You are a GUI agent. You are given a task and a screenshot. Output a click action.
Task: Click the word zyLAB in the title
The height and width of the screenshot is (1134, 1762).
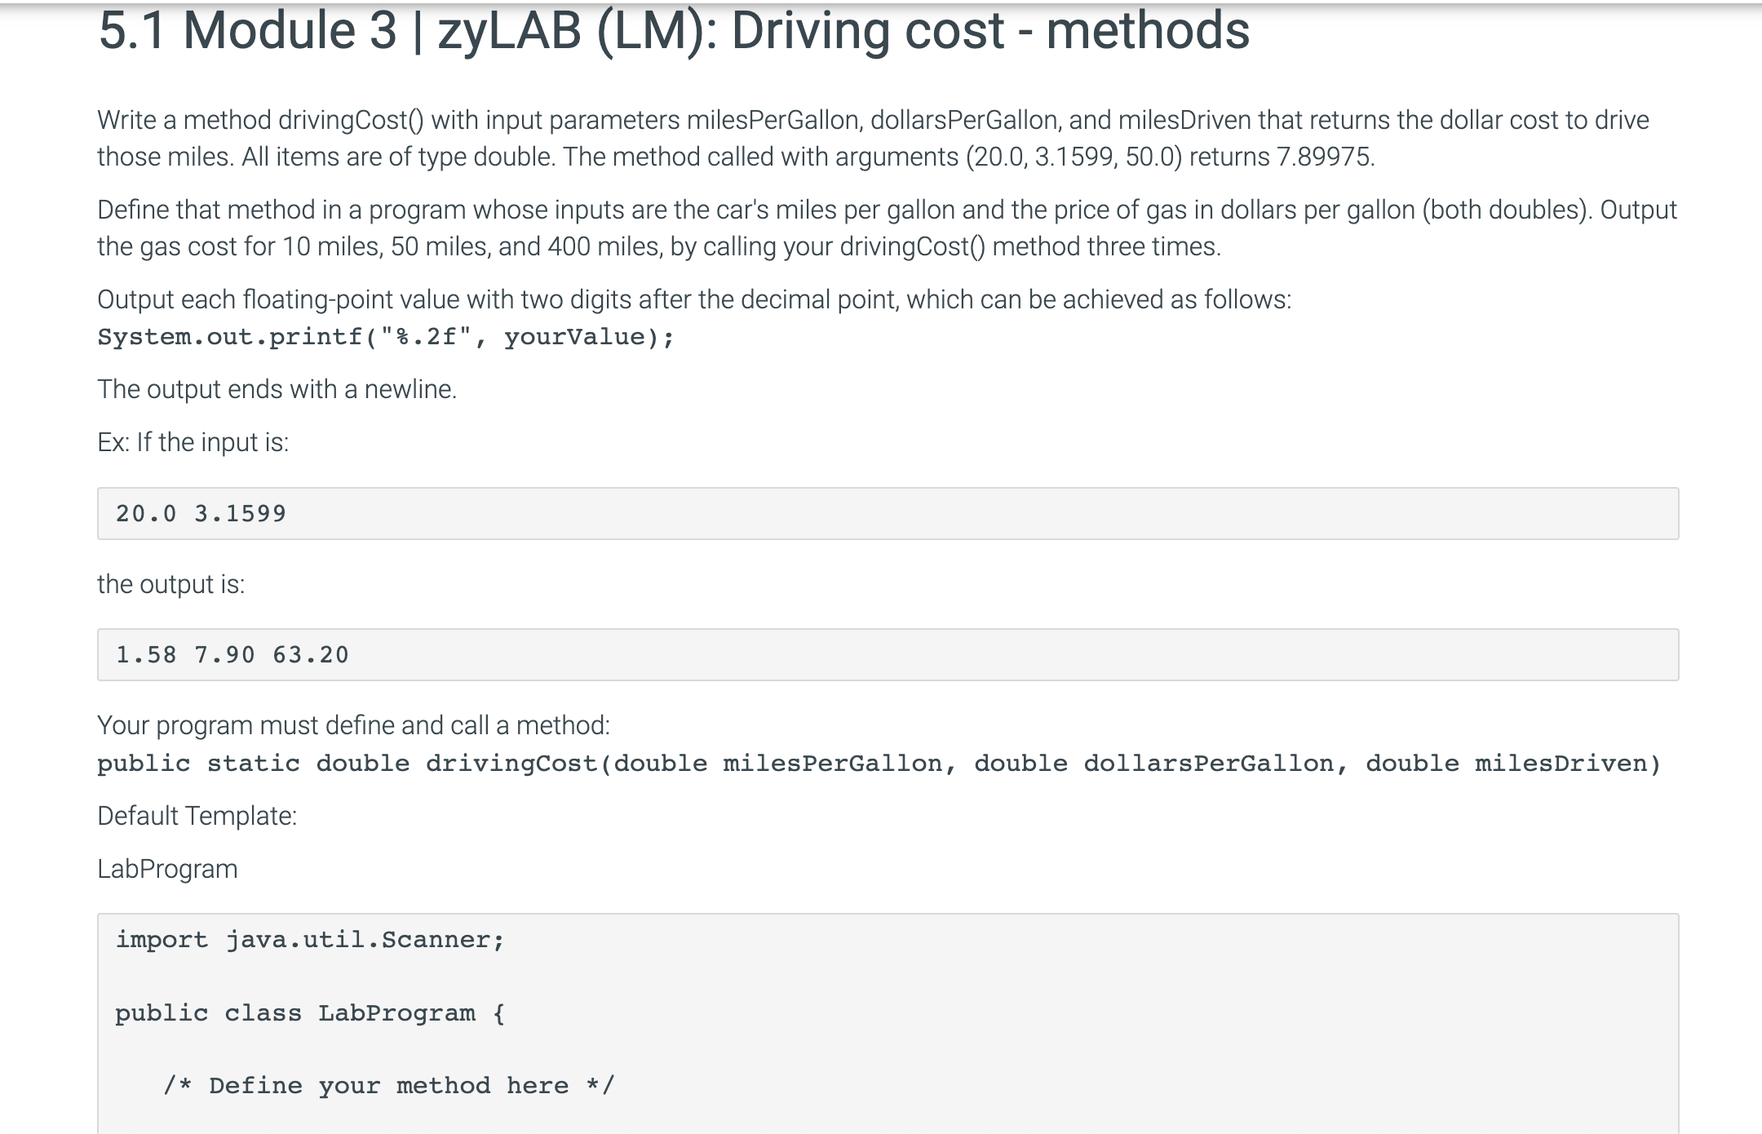pos(509,31)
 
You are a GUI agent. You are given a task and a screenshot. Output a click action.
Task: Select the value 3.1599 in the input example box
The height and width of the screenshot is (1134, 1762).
pos(241,514)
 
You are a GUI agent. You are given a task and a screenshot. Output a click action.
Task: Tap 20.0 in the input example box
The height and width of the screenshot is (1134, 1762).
pos(146,514)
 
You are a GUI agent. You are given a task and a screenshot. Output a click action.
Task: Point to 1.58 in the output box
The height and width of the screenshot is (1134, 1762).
pos(146,655)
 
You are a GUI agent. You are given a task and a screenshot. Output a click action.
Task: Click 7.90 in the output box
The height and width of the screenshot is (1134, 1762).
pos(224,655)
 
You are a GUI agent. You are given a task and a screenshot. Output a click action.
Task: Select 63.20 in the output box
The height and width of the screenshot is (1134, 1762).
pos(311,655)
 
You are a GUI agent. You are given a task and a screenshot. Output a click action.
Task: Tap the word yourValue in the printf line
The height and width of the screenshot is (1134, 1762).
pos(574,337)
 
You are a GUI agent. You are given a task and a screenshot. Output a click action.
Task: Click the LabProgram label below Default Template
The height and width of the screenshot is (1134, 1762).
pos(167,870)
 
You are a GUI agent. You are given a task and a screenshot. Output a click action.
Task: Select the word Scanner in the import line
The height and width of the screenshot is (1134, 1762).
pos(436,940)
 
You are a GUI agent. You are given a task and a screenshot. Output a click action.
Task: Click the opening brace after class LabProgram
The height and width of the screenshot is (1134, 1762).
pos(499,1013)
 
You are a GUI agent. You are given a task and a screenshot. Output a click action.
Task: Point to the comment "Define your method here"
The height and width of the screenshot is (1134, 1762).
pos(388,1086)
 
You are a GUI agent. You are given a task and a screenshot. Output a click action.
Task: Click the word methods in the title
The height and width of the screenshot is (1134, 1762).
pos(1147,31)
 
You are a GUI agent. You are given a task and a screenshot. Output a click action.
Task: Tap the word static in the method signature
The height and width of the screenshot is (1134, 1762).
pos(253,764)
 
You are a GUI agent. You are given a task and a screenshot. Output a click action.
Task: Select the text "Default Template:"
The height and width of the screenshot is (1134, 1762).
pos(197,816)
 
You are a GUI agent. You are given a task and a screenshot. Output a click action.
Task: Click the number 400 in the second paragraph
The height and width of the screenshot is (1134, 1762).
pos(569,246)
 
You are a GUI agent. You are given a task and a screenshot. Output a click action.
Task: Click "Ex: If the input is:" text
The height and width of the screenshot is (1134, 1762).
pos(193,442)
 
